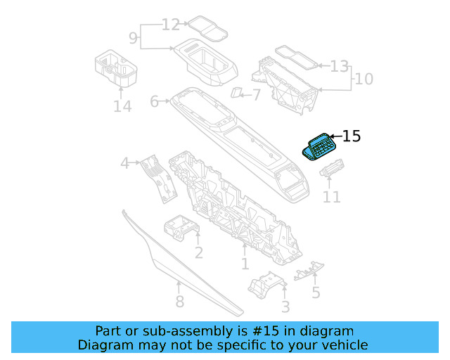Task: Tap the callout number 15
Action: click(351, 136)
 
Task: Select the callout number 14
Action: click(122, 107)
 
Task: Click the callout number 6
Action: click(155, 102)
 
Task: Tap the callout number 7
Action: click(255, 94)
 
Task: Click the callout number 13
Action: click(340, 67)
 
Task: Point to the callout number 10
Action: click(364, 79)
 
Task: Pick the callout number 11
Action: click(332, 198)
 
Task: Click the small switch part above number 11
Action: click(331, 171)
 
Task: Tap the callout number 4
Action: click(124, 164)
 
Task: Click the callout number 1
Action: click(245, 264)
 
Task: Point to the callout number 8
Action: click(179, 302)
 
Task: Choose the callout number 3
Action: click(285, 307)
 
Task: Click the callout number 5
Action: click(316, 292)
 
